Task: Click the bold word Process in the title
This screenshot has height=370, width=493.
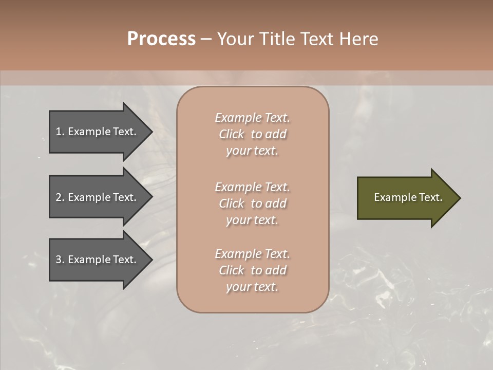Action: (x=161, y=39)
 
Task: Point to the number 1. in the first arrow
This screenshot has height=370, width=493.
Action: (x=60, y=132)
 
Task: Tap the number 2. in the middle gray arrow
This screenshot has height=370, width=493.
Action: (x=60, y=197)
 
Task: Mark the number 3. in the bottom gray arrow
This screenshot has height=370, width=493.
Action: (x=60, y=260)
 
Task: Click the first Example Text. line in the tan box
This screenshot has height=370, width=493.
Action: (x=253, y=118)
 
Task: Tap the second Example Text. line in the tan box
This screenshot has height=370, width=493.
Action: (x=253, y=187)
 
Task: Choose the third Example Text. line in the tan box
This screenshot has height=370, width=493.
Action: (x=253, y=254)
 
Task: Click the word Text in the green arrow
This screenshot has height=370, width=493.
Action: (x=430, y=197)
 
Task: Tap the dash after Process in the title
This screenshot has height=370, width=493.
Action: (x=206, y=39)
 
